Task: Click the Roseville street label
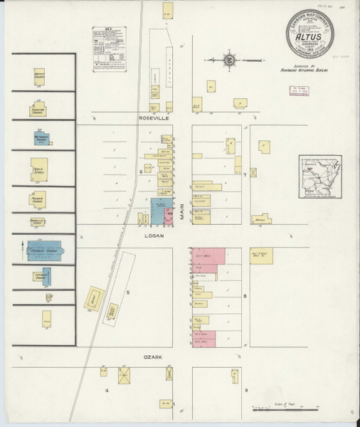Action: click(x=154, y=120)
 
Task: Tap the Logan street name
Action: click(x=154, y=235)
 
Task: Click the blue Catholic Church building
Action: click(x=43, y=250)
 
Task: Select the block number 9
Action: click(x=246, y=391)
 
